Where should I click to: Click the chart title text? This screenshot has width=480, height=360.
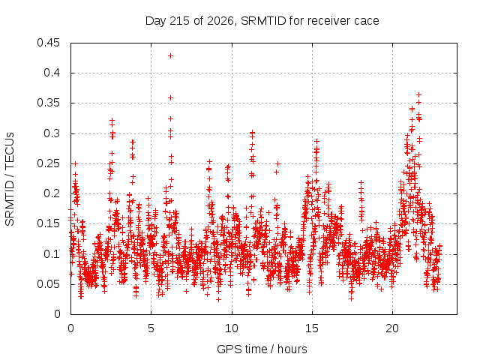tap(262, 21)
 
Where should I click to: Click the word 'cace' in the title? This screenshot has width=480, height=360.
tap(367, 22)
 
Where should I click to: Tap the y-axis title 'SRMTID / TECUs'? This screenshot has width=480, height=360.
tap(10, 179)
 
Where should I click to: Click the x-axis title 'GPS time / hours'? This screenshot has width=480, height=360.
tap(262, 349)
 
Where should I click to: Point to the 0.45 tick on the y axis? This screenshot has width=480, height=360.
tap(48, 43)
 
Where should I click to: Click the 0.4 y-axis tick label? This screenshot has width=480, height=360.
tap(52, 73)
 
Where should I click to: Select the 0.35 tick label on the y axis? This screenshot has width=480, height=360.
tap(48, 103)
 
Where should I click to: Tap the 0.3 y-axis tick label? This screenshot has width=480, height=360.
tap(52, 133)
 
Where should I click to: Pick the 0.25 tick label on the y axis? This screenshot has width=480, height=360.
tap(48, 163)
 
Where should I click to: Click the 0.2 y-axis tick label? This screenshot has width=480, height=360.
tap(52, 193)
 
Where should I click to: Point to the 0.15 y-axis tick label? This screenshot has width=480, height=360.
tap(48, 223)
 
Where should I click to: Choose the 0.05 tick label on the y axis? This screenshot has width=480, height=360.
tap(48, 284)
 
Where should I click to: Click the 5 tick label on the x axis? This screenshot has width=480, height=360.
tap(151, 328)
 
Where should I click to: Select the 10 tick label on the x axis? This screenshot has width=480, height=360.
tap(232, 328)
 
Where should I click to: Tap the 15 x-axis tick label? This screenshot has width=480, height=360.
tap(312, 328)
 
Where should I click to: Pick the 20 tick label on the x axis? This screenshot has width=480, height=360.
tap(392, 328)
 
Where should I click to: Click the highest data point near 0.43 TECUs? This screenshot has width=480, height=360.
tap(170, 55)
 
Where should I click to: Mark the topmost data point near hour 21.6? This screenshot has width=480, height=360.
tap(418, 95)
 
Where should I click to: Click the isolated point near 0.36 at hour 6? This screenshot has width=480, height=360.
tap(170, 98)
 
